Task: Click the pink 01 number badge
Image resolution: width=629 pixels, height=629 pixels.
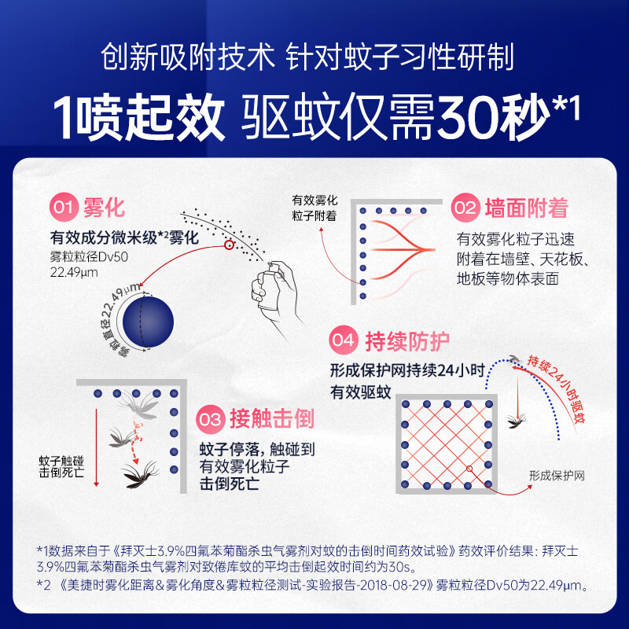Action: click(x=64, y=208)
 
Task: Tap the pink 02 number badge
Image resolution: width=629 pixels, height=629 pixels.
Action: click(x=465, y=208)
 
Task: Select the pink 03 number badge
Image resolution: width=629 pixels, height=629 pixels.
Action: click(x=210, y=420)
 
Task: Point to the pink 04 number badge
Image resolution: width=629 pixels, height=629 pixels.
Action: click(x=344, y=340)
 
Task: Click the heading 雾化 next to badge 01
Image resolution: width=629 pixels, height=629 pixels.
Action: click(x=105, y=208)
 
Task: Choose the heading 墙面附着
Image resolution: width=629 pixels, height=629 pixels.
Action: click(x=527, y=208)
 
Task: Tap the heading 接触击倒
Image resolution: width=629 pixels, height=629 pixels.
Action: click(x=271, y=419)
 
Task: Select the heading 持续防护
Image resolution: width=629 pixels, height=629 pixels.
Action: click(x=407, y=341)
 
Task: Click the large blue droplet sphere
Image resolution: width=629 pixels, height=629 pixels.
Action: click(x=148, y=322)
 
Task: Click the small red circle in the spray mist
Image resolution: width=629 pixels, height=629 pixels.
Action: click(x=229, y=245)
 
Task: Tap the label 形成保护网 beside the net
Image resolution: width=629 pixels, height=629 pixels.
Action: click(x=557, y=476)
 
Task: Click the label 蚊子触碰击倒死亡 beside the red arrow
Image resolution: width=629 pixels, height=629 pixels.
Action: click(x=61, y=466)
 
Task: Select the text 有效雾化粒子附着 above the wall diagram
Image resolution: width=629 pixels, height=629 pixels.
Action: click(x=314, y=208)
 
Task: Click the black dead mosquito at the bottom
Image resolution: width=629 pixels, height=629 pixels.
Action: click(x=141, y=475)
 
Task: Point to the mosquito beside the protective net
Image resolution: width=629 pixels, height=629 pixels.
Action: click(x=517, y=421)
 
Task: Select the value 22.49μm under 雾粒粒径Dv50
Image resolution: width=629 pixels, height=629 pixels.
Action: click(x=74, y=272)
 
